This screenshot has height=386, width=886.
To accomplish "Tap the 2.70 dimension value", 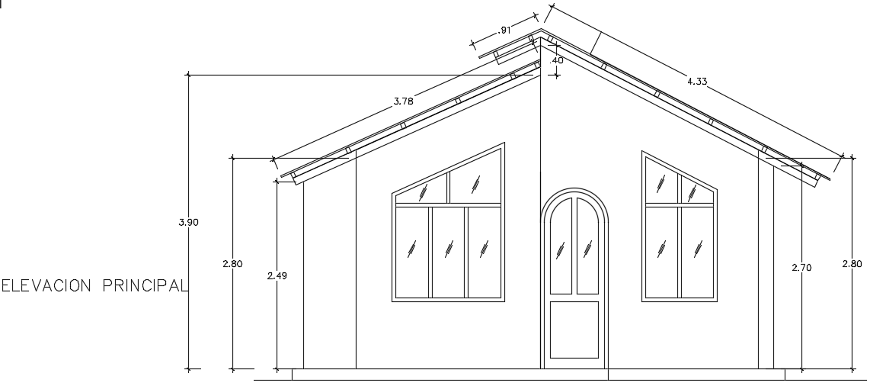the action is click(x=801, y=268).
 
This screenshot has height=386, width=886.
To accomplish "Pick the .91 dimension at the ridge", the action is click(x=504, y=31).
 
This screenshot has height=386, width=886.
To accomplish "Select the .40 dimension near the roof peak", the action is click(x=557, y=60).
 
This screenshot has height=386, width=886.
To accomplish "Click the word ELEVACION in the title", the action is click(x=49, y=286).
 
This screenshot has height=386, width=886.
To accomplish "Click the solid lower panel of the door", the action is click(x=574, y=330).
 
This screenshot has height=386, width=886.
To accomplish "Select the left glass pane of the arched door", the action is click(x=561, y=247).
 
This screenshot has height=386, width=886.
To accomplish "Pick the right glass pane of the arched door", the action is click(x=587, y=247).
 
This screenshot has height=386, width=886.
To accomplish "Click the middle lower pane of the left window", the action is click(x=449, y=252).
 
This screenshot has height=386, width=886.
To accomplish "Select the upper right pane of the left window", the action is click(x=475, y=183).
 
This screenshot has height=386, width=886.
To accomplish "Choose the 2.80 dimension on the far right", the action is click(x=851, y=264).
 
